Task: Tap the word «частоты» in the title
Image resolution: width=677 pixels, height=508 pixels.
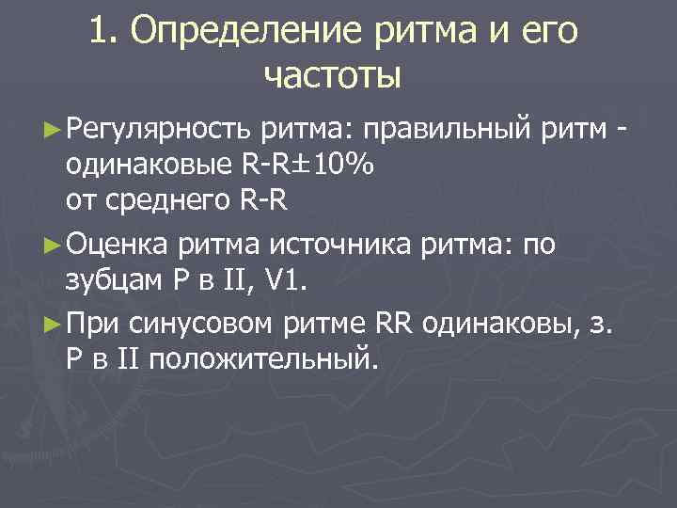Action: tap(333, 74)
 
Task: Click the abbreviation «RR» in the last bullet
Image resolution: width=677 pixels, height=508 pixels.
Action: tap(395, 324)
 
